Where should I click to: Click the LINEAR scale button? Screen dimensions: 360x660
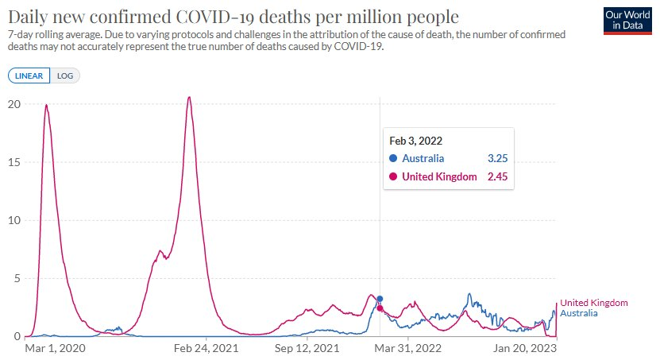coord(29,75)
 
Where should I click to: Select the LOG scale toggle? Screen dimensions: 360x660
coord(65,75)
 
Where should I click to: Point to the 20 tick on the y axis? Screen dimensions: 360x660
coord(14,104)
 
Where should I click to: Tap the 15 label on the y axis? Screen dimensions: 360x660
coord(14,162)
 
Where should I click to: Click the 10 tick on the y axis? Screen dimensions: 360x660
coord(14,220)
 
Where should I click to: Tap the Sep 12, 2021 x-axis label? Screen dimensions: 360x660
coord(307,347)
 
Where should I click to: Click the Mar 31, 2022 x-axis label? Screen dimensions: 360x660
coord(407,347)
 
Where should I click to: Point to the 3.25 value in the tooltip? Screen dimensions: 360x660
coord(497,158)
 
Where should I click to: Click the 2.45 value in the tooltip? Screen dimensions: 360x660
coord(497,176)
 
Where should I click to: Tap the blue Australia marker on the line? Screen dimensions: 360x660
coord(380,299)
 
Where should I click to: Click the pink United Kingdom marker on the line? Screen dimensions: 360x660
coord(380,308)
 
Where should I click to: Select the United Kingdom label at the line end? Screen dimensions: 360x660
coord(594,303)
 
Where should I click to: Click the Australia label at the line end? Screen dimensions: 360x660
coord(579,313)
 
